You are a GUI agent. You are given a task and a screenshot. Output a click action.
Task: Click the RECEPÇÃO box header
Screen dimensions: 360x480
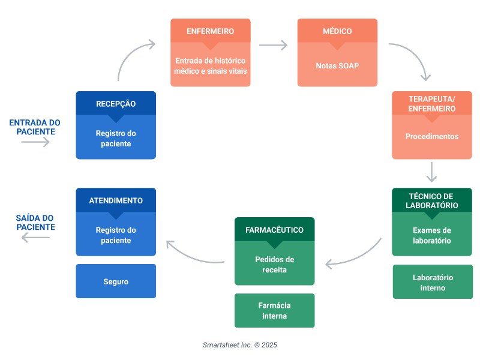(x=116, y=104)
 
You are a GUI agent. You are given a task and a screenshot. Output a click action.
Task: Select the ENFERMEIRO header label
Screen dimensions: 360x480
(x=211, y=31)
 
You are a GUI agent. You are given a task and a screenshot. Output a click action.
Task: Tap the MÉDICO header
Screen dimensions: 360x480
(x=337, y=31)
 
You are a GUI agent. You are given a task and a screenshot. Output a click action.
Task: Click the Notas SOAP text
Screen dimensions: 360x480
(x=337, y=65)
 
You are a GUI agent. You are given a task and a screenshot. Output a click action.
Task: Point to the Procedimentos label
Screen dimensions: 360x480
(x=432, y=136)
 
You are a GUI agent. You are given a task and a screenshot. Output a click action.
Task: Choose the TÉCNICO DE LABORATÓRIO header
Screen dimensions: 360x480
(x=432, y=201)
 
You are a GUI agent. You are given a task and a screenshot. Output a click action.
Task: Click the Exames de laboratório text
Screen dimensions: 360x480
(x=432, y=235)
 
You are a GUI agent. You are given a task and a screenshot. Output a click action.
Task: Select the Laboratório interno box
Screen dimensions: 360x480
(x=433, y=282)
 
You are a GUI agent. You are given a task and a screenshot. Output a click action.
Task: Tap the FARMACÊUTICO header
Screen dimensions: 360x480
(x=274, y=230)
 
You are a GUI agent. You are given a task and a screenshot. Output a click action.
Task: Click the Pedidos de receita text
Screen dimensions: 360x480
(x=274, y=265)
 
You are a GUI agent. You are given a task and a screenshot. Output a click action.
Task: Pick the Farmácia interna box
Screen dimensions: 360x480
(x=274, y=310)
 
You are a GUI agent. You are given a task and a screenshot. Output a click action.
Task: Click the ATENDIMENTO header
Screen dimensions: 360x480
(x=116, y=200)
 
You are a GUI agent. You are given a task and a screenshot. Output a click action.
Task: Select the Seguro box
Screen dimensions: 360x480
(x=116, y=281)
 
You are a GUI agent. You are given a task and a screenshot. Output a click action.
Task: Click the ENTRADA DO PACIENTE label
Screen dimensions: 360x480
(x=35, y=127)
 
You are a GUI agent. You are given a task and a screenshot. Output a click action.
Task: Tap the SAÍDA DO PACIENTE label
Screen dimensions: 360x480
(x=35, y=223)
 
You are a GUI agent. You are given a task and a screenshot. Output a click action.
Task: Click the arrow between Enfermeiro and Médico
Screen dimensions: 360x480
(x=273, y=45)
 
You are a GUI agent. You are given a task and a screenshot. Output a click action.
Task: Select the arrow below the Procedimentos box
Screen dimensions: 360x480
(x=431, y=172)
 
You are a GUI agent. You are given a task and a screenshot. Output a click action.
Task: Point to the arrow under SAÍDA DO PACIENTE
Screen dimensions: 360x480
(x=35, y=238)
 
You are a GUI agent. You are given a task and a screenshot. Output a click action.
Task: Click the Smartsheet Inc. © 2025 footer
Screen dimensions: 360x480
(x=240, y=345)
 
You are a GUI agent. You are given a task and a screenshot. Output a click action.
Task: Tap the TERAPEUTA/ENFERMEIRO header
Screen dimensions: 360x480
(x=432, y=104)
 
